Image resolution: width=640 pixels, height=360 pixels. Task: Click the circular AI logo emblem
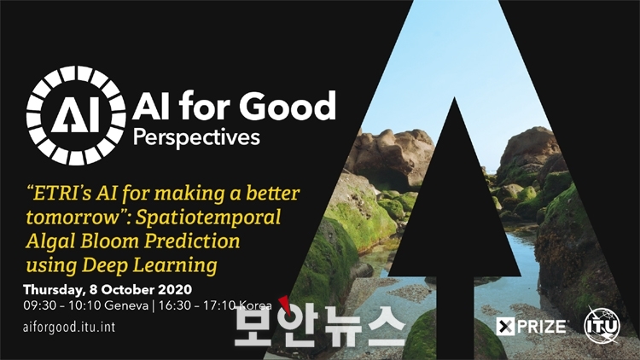(76, 115)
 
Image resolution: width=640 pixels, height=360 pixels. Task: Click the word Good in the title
(288, 106)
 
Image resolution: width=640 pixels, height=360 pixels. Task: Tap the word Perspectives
(196, 137)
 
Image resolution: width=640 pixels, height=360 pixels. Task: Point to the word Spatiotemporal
(208, 218)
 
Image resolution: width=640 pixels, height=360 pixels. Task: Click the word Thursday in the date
(54, 290)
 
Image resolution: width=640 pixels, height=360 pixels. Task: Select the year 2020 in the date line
(175, 289)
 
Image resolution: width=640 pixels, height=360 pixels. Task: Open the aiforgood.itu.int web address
(69, 327)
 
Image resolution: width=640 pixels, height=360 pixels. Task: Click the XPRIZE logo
(531, 327)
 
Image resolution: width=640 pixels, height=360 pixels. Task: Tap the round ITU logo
(602, 325)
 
